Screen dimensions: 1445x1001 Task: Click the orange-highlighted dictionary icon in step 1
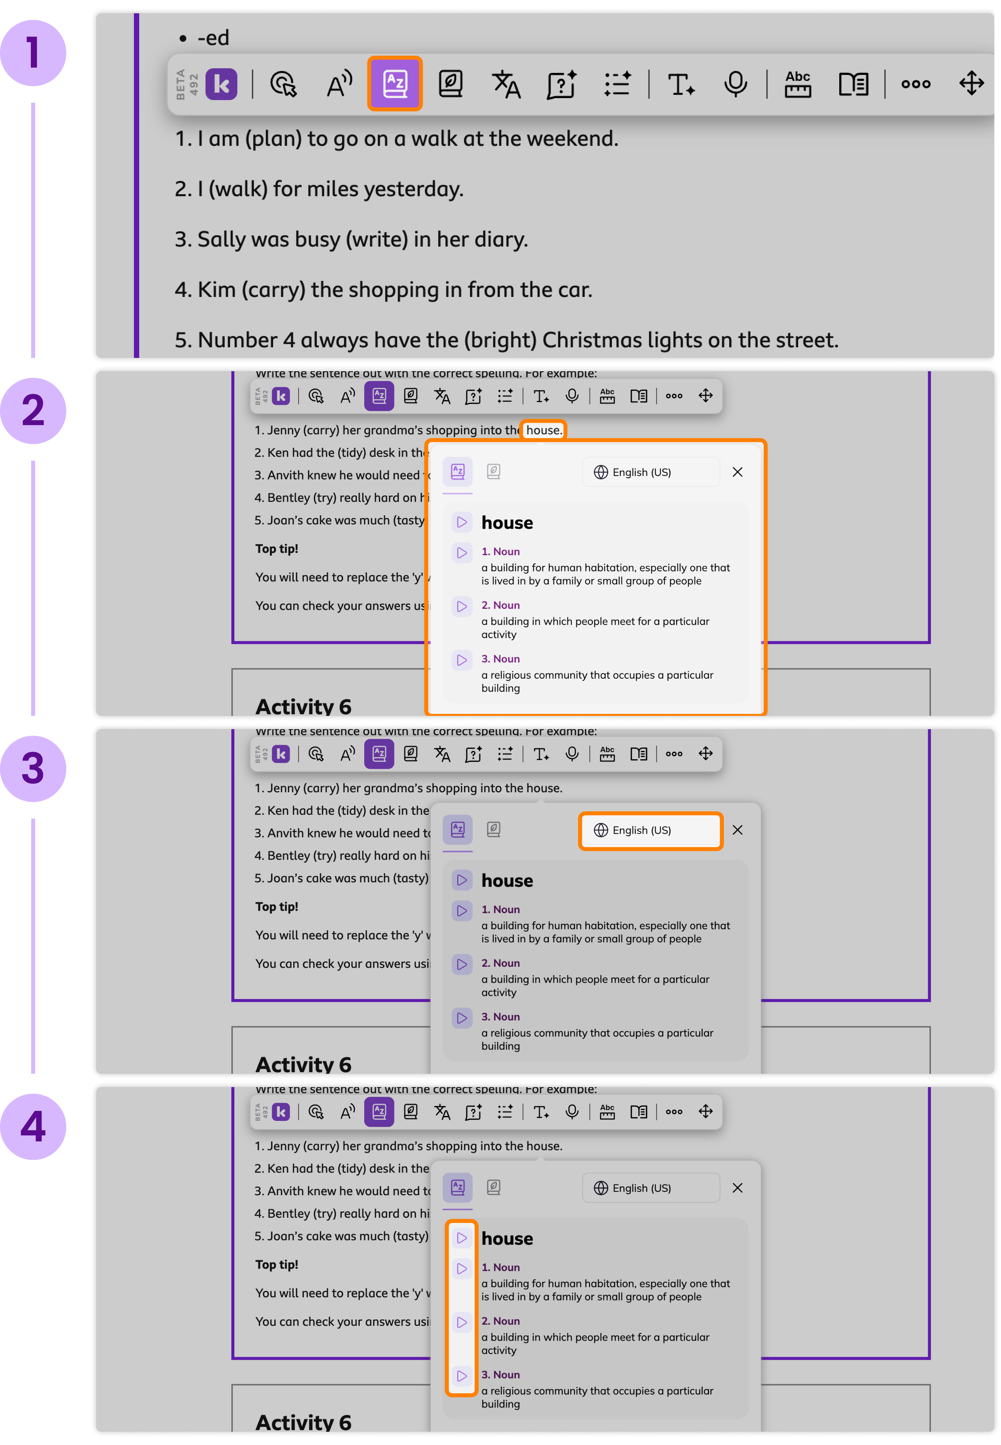point(394,84)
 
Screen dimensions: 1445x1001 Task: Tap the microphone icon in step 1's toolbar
point(735,84)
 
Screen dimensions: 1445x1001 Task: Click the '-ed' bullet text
point(213,38)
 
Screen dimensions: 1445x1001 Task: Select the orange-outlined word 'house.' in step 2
point(543,430)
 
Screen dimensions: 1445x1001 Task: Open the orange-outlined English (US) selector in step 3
point(650,830)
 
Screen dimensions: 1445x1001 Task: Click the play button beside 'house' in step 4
point(462,1238)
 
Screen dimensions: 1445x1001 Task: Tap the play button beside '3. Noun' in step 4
point(462,1375)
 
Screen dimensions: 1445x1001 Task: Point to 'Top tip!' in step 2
point(276,549)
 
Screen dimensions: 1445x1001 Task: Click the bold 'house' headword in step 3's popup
point(507,881)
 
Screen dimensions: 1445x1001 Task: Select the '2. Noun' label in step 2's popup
point(500,605)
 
